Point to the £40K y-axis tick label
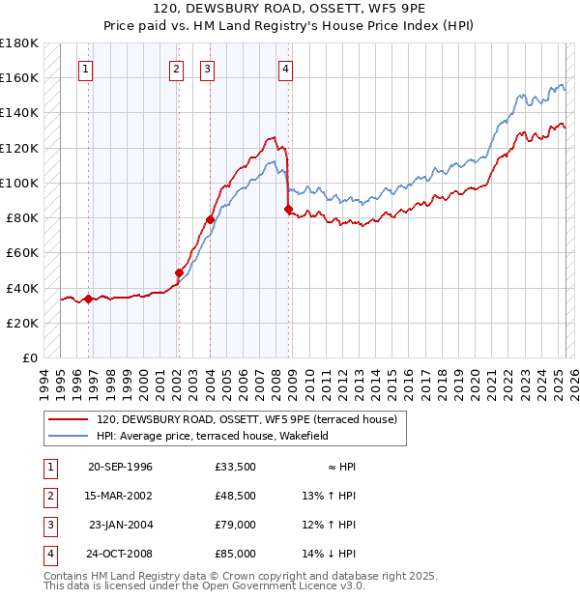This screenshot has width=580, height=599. pyautogui.click(x=20, y=288)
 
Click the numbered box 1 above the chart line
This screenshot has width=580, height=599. pyautogui.click(x=87, y=69)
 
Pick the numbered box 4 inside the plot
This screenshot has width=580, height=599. pyautogui.click(x=286, y=69)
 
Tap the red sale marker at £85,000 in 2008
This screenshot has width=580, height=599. pyautogui.click(x=288, y=209)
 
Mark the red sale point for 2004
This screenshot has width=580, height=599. pyautogui.click(x=210, y=219)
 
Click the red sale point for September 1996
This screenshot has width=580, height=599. pyautogui.click(x=88, y=299)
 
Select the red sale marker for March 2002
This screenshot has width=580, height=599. pyautogui.click(x=179, y=272)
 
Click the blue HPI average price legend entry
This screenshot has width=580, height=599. pyautogui.click(x=213, y=436)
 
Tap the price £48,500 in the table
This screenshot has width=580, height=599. pyautogui.click(x=236, y=496)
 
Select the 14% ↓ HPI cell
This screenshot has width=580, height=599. pyautogui.click(x=330, y=554)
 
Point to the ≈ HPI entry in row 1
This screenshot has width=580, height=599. pyautogui.click(x=342, y=467)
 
